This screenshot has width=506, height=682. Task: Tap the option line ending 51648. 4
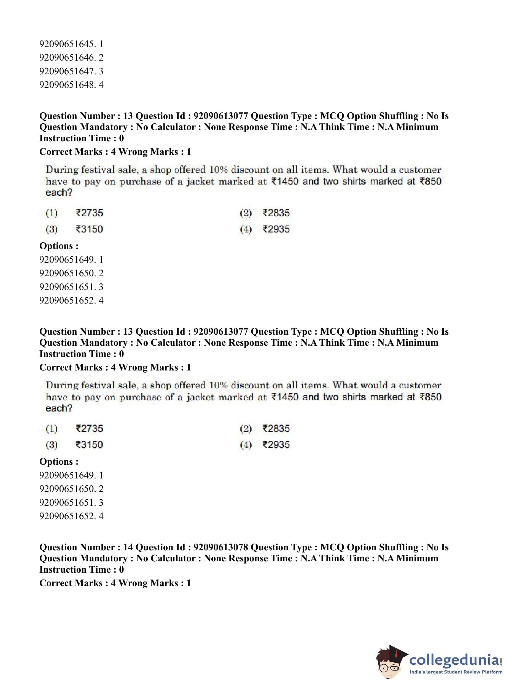tap(71, 85)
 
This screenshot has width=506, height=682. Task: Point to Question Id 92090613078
tap(220, 547)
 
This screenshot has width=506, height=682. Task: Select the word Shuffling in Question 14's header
tap(399, 547)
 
